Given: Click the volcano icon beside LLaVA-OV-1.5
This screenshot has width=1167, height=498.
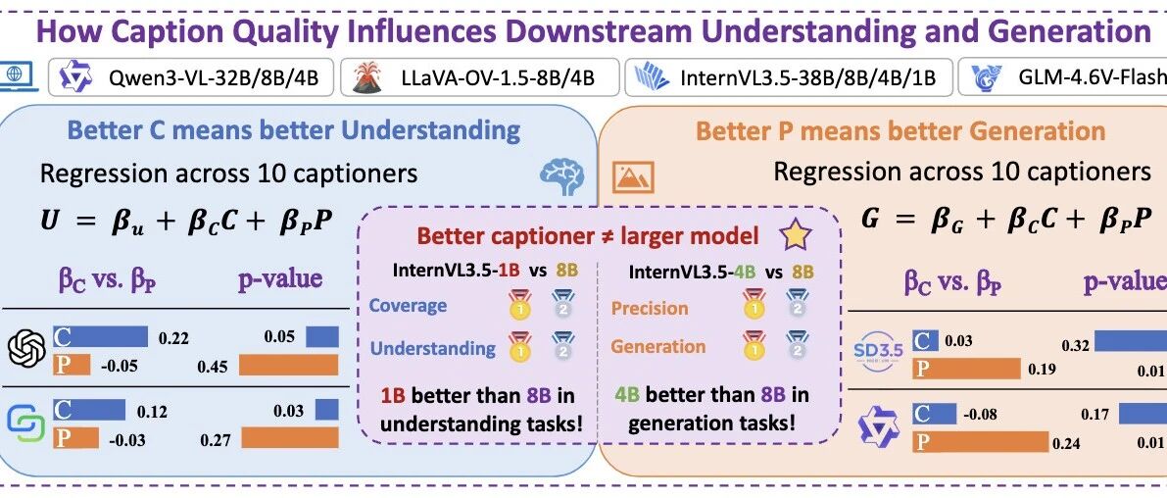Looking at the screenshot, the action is pos(366,77).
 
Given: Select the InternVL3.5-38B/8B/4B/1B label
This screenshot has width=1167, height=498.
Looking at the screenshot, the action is pos(807,78).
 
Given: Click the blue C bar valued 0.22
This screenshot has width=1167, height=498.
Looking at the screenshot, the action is pos(101,335).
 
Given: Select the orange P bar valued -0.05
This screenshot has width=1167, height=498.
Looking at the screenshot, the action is pos(72,365).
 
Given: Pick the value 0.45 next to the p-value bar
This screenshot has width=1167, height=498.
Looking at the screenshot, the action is pos(214,367).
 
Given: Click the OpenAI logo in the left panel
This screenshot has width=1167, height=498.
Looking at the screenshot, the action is pos(26,348).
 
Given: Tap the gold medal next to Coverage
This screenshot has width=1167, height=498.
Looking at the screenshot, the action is pos(519,305).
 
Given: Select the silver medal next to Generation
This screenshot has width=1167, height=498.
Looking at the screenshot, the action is pos(797,346).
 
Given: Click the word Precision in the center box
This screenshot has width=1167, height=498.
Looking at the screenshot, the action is pos(650,308).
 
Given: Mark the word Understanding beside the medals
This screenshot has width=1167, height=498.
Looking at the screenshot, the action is pos(432,348).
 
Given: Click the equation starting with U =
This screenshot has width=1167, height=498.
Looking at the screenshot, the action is pos(187,223).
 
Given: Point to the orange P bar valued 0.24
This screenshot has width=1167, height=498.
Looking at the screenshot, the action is pos(978,443).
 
